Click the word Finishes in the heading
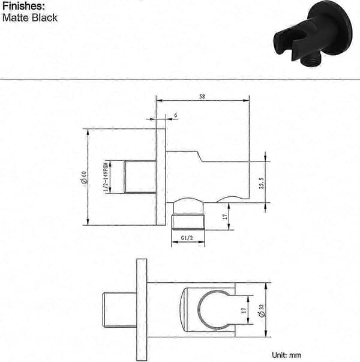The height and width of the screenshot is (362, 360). pyautogui.click(x=23, y=6)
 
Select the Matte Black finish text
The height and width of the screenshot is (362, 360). pyautogui.click(x=30, y=18)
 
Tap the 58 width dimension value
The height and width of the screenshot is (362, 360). pyautogui.click(x=202, y=96)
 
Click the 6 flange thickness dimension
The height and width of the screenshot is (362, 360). pyautogui.click(x=176, y=115)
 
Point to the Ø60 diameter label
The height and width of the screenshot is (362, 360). pyautogui.click(x=84, y=177)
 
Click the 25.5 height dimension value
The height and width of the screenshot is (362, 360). pyautogui.click(x=262, y=183)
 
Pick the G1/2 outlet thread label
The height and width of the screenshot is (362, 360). pyautogui.click(x=187, y=238)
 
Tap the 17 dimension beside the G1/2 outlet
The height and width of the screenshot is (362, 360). pyautogui.click(x=225, y=217)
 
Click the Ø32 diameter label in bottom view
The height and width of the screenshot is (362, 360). pyautogui.click(x=262, y=310)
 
